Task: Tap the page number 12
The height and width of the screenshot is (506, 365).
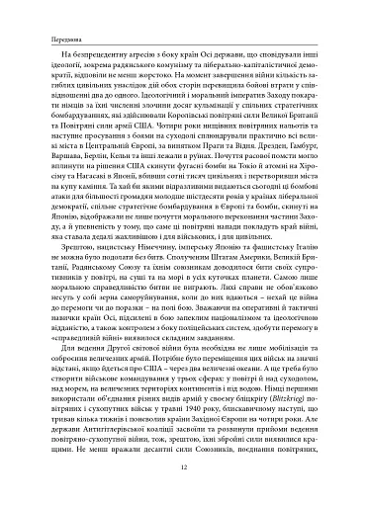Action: coord(183,470)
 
